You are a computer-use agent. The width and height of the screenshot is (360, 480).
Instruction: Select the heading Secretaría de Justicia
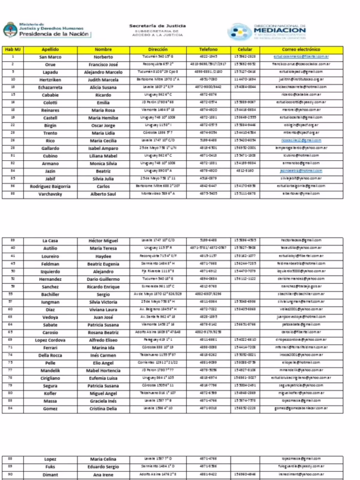(x=158, y=26)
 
